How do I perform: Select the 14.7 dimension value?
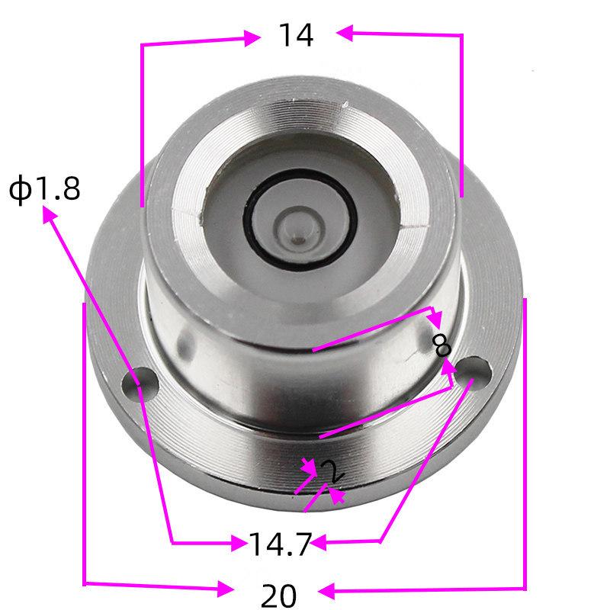[x=280, y=544]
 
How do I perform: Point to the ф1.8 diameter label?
[x=44, y=188]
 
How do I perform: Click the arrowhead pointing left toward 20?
[x=326, y=590]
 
